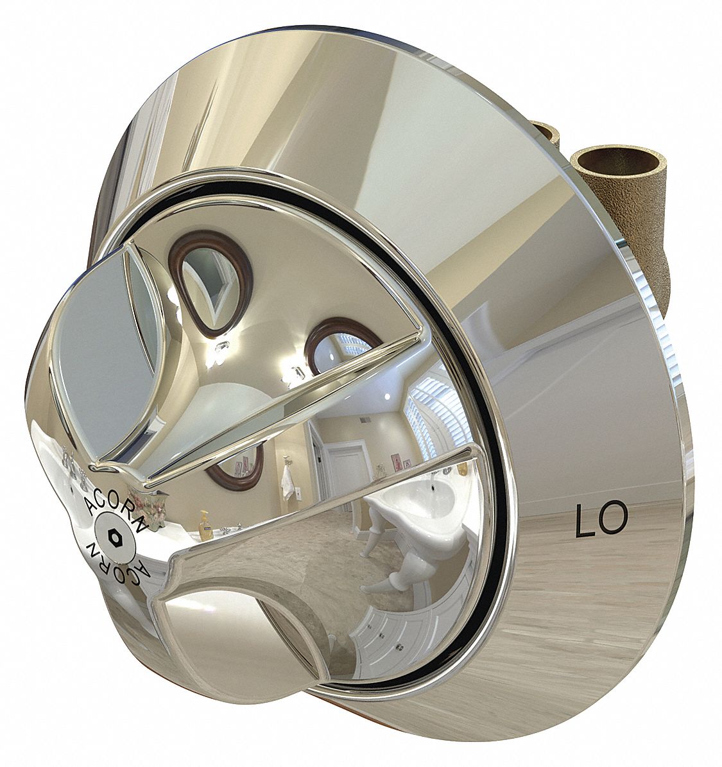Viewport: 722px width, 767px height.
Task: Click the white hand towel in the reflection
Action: click(x=287, y=476)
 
